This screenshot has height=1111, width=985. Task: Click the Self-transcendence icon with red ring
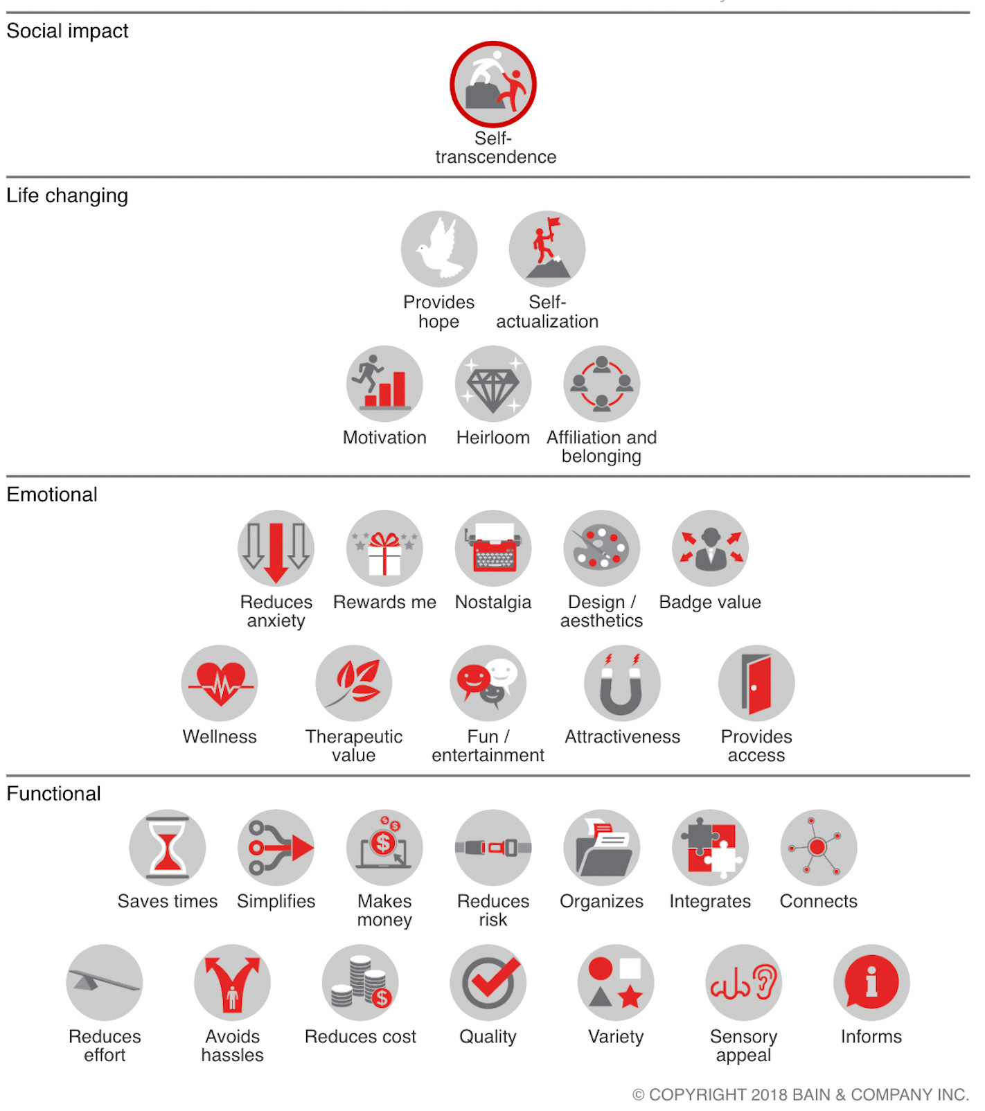pyautogui.click(x=493, y=85)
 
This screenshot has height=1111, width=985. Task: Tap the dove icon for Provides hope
pyautogui.click(x=439, y=249)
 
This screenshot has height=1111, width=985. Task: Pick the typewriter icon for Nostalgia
pyautogui.click(x=493, y=549)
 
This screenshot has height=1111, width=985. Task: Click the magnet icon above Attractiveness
pyautogui.click(x=622, y=684)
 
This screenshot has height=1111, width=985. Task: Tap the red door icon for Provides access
pyautogui.click(x=756, y=684)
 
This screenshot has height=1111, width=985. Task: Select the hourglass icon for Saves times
pyautogui.click(x=168, y=848)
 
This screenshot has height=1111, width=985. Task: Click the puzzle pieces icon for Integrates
pyautogui.click(x=710, y=848)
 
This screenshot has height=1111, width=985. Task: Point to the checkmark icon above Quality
pyautogui.click(x=488, y=982)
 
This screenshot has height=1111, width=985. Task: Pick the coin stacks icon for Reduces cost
pyautogui.click(x=360, y=982)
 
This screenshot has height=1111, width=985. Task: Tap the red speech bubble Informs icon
pyautogui.click(x=871, y=982)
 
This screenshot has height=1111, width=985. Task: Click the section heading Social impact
pyautogui.click(x=67, y=31)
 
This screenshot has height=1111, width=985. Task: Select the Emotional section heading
pyautogui.click(x=52, y=495)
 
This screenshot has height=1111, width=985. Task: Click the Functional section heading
pyautogui.click(x=53, y=794)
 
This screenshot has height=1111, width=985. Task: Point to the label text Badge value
pyautogui.click(x=710, y=603)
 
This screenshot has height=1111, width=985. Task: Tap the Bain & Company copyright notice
pyautogui.click(x=801, y=1095)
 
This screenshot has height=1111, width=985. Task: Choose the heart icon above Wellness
pyautogui.click(x=220, y=682)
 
